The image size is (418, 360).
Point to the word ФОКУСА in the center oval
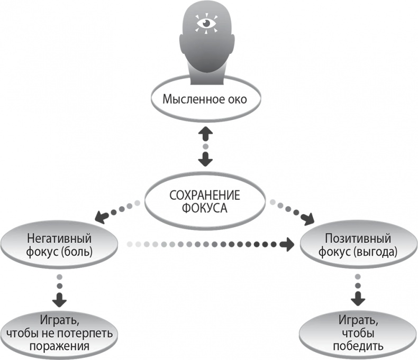[204, 208]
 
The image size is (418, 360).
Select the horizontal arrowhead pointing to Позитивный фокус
[287, 244]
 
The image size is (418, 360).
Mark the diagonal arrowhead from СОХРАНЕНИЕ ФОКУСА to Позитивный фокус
[307, 217]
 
